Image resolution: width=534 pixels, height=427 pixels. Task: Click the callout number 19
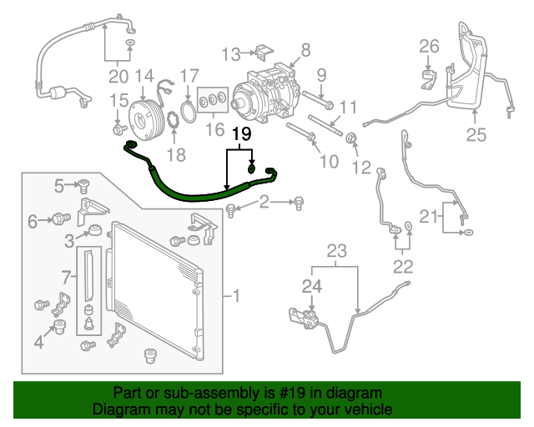(x=240, y=133)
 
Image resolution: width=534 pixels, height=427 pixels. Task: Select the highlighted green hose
(x=200, y=192)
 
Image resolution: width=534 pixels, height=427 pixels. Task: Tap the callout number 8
(x=305, y=49)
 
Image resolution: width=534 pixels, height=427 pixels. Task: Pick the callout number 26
(x=428, y=45)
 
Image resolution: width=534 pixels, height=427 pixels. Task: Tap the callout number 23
(x=335, y=250)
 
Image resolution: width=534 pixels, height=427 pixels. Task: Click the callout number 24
(x=311, y=287)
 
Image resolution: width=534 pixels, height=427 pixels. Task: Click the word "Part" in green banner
(x=128, y=393)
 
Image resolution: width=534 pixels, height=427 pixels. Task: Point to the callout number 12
(x=361, y=168)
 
